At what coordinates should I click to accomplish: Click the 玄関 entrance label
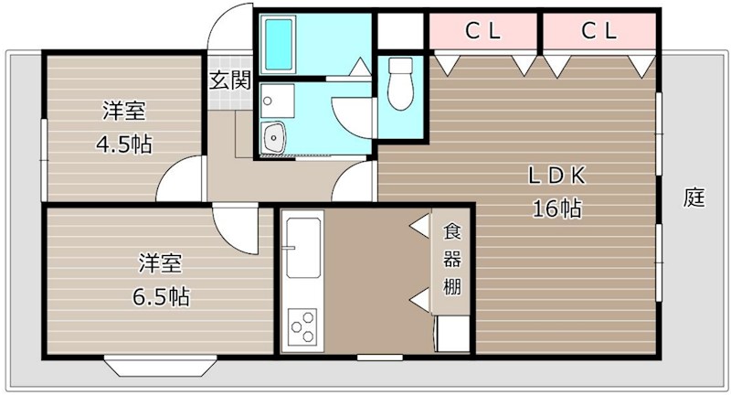coord(229,80)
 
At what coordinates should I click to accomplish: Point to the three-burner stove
coord(302,326)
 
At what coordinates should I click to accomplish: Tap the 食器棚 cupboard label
coord(452,258)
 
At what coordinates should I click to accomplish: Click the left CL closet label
coord(484,30)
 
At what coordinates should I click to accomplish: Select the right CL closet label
coord(599,30)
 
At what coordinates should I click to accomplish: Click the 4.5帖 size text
coord(123,144)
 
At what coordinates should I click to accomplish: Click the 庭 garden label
coord(694,197)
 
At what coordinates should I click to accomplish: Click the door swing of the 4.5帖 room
coord(180,180)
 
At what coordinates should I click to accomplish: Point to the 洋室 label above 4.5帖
coord(123,112)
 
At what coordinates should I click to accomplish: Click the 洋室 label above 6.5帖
coord(161,264)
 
